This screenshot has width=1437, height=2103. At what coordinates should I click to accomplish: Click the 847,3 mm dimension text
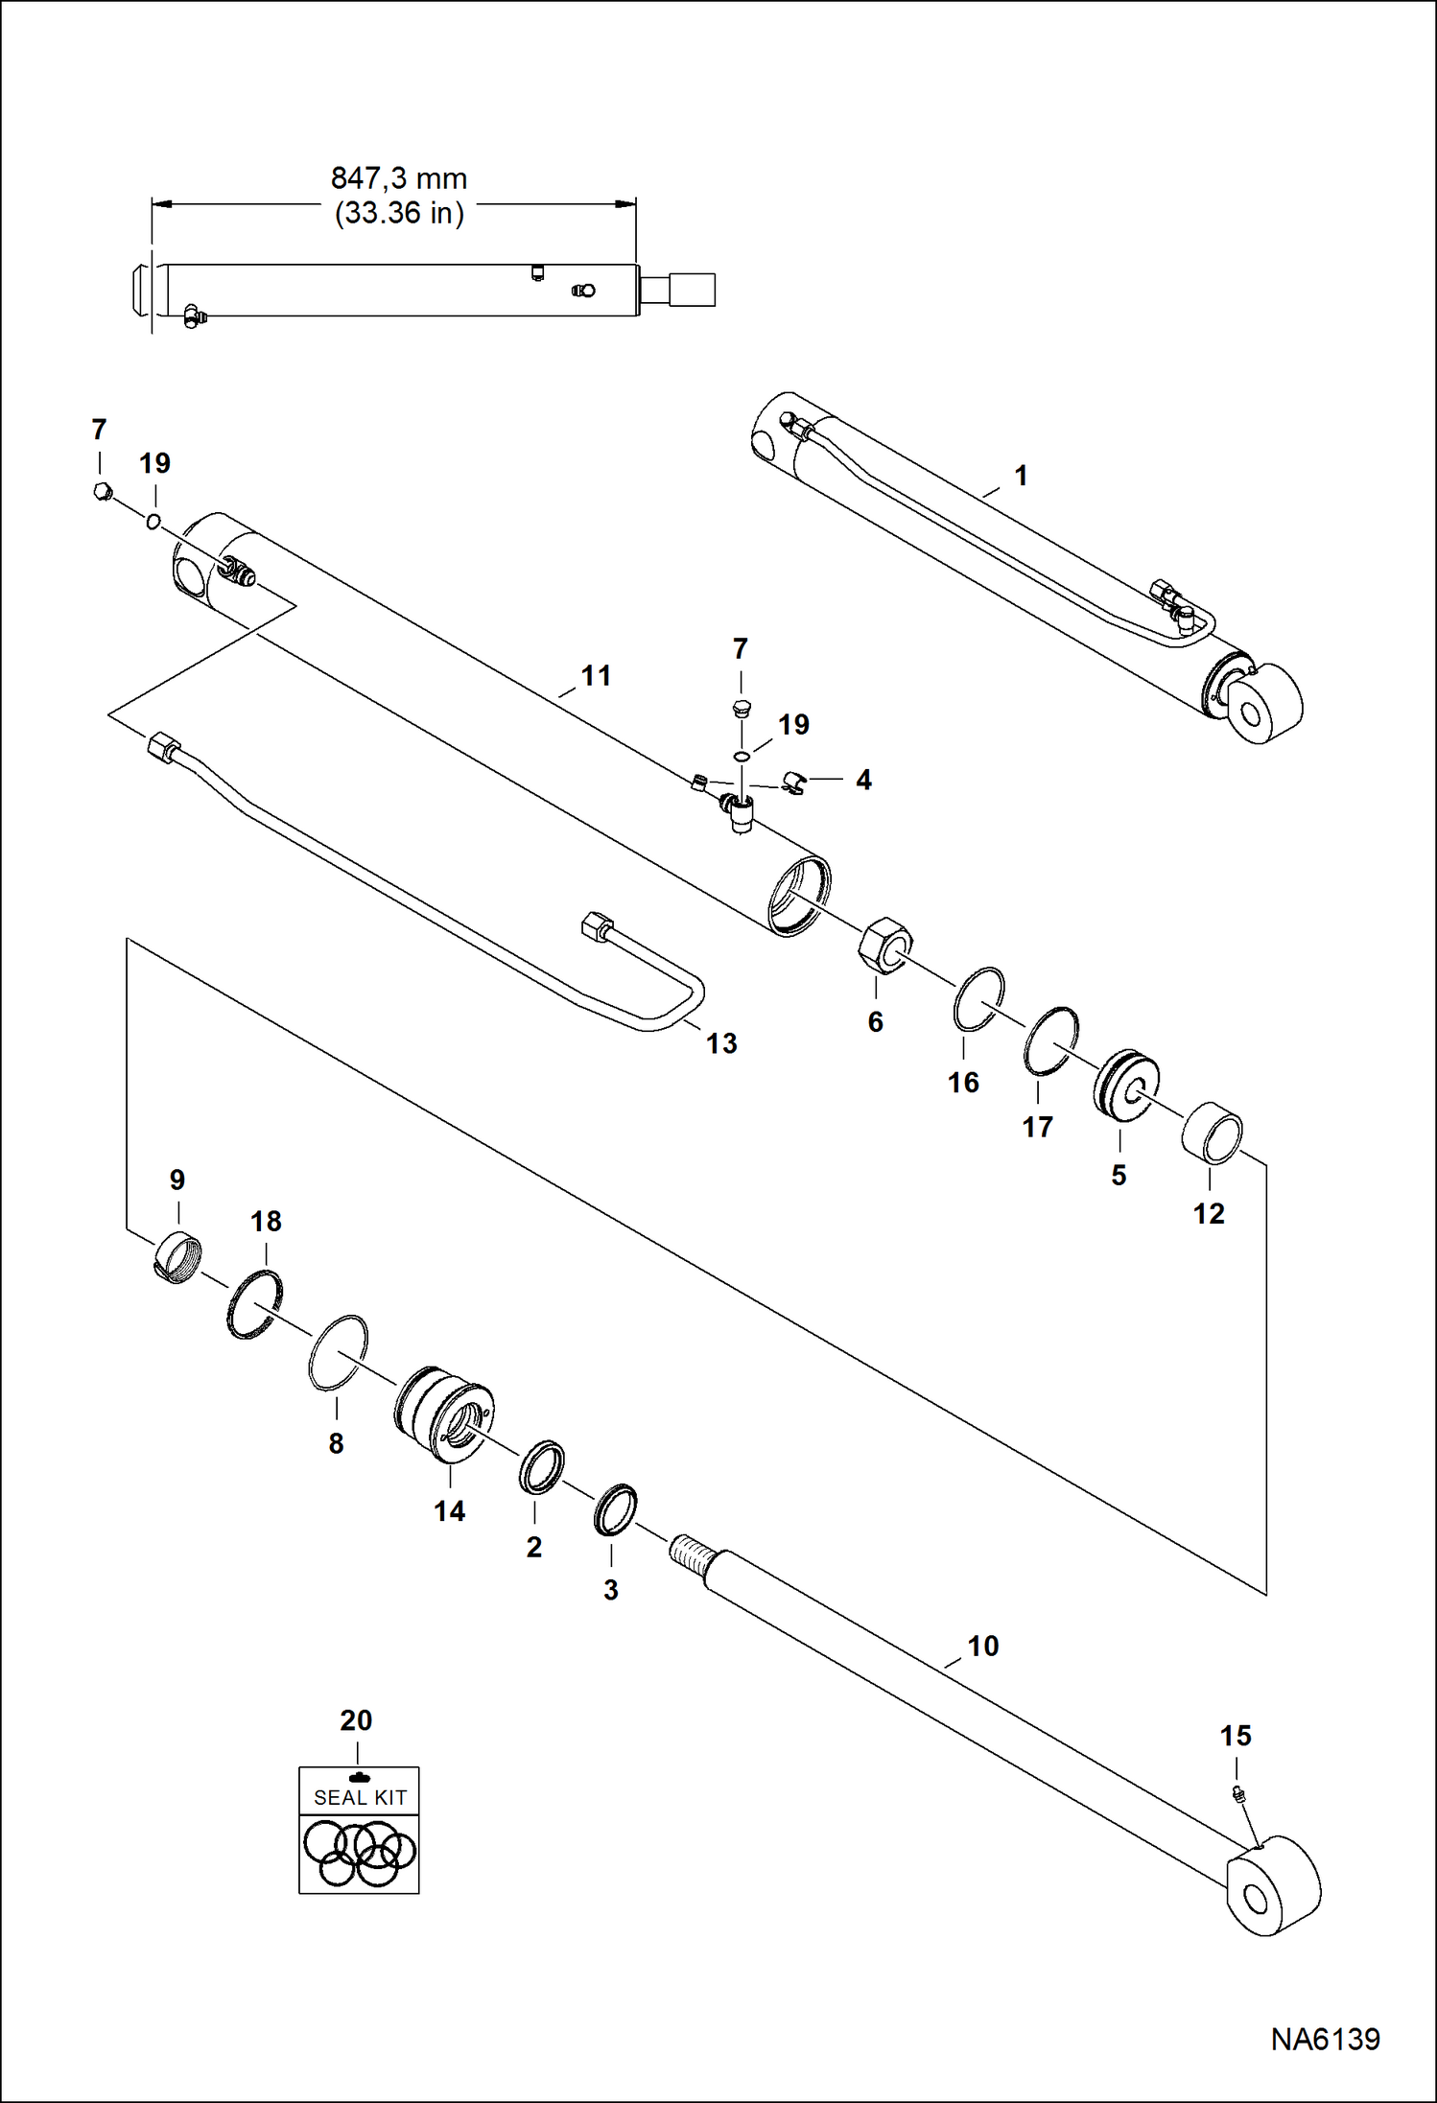click(398, 178)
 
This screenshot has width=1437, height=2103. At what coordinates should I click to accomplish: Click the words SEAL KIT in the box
click(360, 1798)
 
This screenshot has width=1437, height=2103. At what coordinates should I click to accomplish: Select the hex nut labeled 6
click(883, 946)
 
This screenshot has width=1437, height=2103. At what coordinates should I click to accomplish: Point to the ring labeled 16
click(978, 998)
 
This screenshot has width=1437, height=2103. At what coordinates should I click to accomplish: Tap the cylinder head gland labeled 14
click(444, 1414)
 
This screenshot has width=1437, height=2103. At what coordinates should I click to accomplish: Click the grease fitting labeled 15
click(1237, 1793)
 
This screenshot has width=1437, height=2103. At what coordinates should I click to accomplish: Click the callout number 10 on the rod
click(982, 1646)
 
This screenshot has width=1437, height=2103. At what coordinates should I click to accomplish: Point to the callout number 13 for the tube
click(721, 1043)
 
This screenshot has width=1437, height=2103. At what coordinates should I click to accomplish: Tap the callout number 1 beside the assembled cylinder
click(1021, 476)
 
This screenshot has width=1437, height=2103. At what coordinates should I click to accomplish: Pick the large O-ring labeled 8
click(338, 1352)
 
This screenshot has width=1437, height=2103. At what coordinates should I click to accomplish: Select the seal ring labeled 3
click(614, 1509)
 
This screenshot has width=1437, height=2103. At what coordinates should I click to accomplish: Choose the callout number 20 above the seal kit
click(356, 1719)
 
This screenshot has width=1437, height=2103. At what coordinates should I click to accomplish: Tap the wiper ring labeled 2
click(541, 1467)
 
